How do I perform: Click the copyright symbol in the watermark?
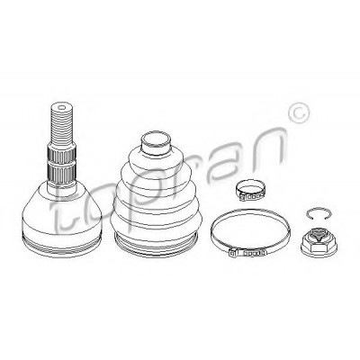click(x=299, y=113)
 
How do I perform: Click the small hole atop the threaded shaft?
click(x=62, y=107)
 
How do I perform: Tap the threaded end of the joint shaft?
click(x=62, y=123)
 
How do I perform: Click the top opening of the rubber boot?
click(x=156, y=140)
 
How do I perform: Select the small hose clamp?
click(x=249, y=192)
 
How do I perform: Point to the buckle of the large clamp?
click(x=247, y=252)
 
